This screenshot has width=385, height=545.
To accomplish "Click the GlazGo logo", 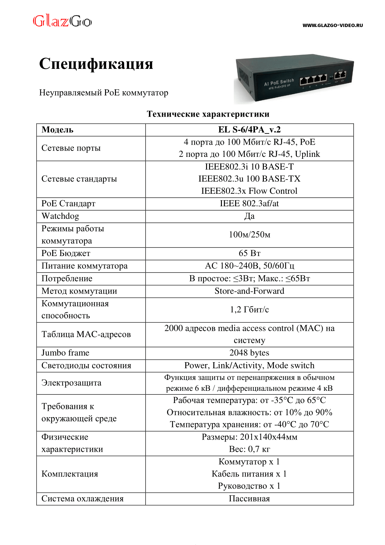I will (62, 21).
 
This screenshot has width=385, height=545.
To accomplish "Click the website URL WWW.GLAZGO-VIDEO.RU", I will (332, 25).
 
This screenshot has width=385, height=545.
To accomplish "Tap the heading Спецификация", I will (96, 64).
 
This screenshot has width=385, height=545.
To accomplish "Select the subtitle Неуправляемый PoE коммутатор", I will (104, 93).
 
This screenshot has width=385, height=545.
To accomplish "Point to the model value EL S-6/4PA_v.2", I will (249, 130).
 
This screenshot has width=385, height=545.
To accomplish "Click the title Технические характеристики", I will (208, 114).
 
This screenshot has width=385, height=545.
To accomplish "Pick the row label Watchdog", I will (60, 216).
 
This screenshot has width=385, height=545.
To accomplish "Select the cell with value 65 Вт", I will (249, 253).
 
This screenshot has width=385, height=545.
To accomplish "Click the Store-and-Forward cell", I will (249, 291).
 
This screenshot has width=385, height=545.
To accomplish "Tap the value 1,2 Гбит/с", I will (249, 310).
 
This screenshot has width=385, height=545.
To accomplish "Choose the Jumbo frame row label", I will (65, 353).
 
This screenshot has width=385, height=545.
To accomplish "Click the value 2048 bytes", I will (249, 353).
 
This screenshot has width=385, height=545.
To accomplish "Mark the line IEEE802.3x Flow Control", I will (249, 191).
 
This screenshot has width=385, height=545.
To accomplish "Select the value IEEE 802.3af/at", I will (249, 204).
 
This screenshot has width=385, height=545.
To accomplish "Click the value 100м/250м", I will (249, 235).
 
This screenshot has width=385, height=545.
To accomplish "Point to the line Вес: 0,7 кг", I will (249, 449).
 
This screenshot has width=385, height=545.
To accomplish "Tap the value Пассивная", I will (249, 499).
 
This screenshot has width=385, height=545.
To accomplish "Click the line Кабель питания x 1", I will (249, 474).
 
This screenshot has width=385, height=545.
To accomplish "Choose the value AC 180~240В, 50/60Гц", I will (249, 266).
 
